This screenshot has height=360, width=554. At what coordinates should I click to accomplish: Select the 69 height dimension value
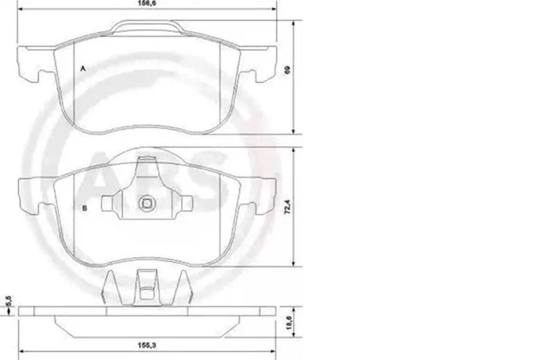tap(287, 69)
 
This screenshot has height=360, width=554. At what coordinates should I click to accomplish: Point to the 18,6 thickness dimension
tap(287, 322)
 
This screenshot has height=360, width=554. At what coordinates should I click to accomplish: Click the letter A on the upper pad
tap(83, 69)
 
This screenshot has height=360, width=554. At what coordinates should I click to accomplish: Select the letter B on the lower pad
tap(84, 208)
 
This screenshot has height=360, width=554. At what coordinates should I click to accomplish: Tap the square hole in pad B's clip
tap(146, 204)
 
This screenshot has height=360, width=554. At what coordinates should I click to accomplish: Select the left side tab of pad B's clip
tap(107, 203)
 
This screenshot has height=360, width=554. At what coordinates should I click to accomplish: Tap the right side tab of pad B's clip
tap(187, 203)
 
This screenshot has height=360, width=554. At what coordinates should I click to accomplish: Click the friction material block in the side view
tap(146, 327)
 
